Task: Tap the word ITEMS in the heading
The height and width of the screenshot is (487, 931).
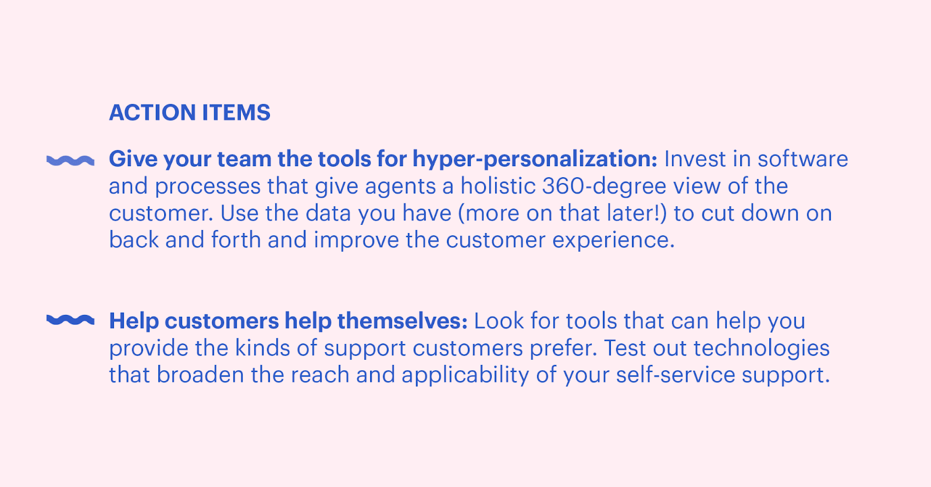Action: click(236, 113)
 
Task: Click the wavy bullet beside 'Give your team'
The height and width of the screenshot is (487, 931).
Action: click(70, 160)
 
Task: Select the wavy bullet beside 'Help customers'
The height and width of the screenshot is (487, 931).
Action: click(70, 320)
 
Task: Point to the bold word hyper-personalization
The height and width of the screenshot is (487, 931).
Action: click(535, 160)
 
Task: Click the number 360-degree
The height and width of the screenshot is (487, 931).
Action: click(605, 187)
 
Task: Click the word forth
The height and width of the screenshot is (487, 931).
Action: click(236, 240)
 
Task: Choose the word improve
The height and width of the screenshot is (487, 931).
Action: click(356, 241)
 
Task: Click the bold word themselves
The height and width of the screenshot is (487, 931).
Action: click(402, 321)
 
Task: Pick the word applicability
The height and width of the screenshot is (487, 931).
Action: click(465, 376)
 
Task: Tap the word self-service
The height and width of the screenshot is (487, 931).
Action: click(676, 375)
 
